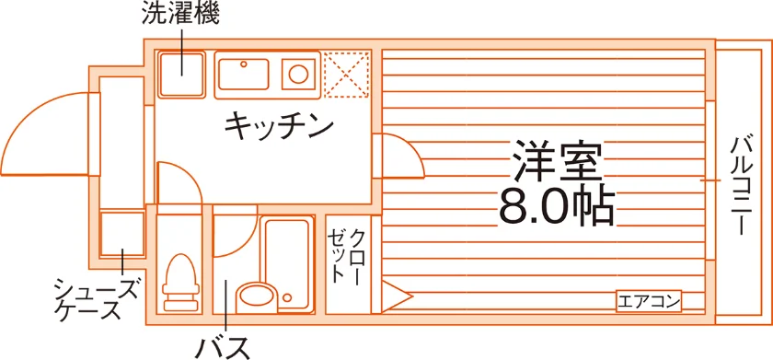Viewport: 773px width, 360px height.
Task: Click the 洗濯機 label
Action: point(180,15)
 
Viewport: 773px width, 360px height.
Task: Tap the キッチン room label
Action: point(279,127)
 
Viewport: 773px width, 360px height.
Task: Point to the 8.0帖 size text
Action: point(556,205)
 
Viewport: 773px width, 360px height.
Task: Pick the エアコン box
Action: point(649,301)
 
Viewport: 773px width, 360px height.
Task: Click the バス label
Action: point(224,348)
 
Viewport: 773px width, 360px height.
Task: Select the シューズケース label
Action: point(95,299)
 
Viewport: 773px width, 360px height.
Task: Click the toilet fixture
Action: point(180,283)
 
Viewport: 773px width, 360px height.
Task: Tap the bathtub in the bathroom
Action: point(287,265)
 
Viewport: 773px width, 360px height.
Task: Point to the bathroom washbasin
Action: point(256,296)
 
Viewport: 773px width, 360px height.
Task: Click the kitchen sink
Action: point(244,74)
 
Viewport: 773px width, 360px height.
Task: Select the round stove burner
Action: point(299,75)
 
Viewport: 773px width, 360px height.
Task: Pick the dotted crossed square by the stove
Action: point(347,75)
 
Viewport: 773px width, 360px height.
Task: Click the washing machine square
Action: point(181,75)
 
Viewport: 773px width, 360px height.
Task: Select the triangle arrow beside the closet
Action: point(396,296)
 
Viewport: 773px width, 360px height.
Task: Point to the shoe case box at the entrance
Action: point(122,234)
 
